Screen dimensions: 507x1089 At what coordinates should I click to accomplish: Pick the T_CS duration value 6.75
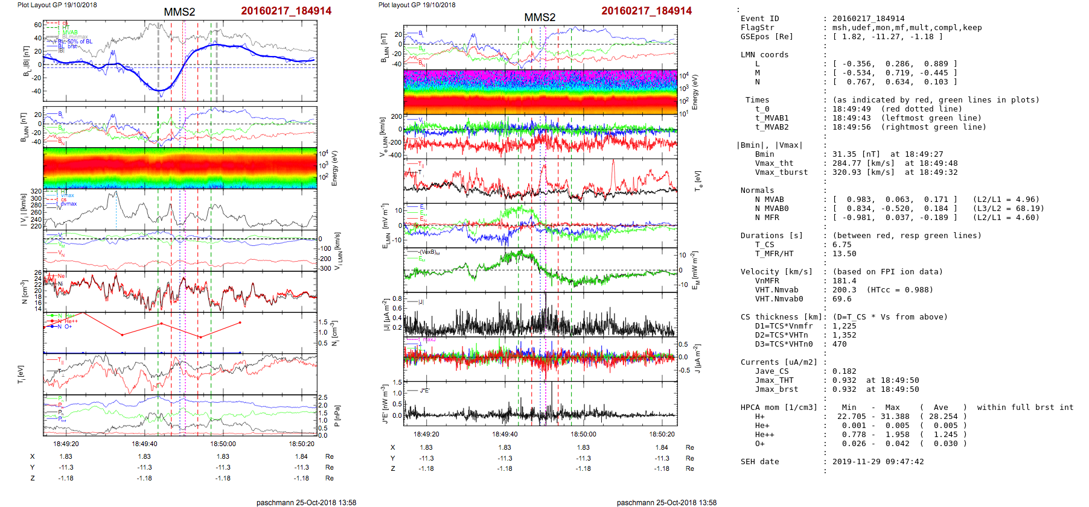pos(842,245)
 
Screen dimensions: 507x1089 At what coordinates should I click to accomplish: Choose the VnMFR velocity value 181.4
pos(845,281)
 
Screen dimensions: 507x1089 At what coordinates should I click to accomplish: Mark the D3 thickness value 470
pos(840,344)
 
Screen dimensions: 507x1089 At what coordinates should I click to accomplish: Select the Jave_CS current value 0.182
pos(845,371)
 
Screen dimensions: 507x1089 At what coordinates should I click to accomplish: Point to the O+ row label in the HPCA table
pos(760,444)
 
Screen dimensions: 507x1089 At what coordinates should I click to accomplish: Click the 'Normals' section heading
pos(757,191)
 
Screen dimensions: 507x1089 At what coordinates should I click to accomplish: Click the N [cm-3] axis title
pos(25,292)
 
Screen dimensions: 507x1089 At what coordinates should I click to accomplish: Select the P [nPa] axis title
pos(337,415)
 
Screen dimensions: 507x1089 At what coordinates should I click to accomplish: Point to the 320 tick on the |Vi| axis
pos(36,191)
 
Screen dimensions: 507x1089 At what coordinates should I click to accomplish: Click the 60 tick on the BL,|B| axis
pos(38,25)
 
